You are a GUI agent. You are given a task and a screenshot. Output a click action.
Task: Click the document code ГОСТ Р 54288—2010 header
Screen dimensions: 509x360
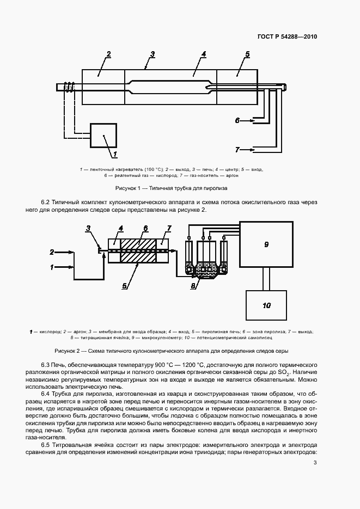point(286,36)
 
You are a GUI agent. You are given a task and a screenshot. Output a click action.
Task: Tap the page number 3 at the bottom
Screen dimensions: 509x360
point(315,463)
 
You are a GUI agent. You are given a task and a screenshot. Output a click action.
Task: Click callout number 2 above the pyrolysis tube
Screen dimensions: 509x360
point(108,54)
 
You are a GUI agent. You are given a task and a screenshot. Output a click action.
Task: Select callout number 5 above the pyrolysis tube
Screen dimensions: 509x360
point(247,54)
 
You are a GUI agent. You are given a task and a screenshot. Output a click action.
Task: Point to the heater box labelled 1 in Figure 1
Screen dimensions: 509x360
point(103,135)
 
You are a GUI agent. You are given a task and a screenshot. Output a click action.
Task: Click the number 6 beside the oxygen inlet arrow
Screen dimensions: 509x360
point(237,120)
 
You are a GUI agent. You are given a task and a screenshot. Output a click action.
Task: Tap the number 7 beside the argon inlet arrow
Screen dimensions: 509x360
point(237,149)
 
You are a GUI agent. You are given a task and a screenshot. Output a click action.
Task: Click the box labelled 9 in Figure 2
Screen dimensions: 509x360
point(266,244)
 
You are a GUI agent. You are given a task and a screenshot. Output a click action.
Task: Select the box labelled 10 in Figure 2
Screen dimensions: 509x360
point(266,305)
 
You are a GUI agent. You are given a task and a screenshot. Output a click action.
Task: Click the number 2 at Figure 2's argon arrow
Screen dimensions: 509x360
point(52,252)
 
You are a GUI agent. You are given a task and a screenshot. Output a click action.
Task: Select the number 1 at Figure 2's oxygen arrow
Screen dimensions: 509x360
point(52,267)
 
